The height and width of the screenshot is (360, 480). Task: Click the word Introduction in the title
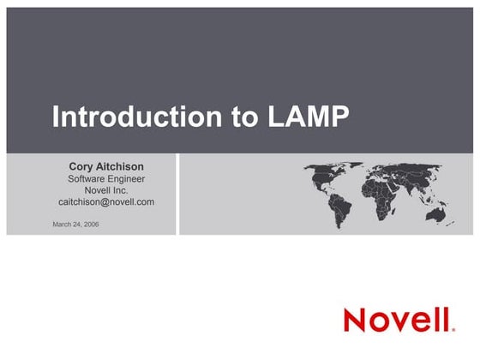coord(137,117)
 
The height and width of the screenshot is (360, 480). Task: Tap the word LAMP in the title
coord(309,117)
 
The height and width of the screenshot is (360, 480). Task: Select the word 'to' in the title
coord(244,117)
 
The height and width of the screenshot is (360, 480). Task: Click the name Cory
coord(81,167)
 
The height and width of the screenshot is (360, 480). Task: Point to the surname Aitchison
coord(120,166)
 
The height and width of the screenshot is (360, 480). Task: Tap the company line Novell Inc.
coord(106,190)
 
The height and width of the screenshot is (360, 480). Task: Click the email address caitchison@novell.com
coord(106,202)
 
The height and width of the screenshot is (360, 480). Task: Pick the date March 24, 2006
coord(75,224)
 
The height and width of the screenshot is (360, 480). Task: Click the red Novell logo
coord(399,320)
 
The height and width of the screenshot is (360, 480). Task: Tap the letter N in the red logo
coord(355,321)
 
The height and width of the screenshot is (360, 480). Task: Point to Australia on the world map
coord(435,214)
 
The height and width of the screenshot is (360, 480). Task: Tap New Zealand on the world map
coord(450,224)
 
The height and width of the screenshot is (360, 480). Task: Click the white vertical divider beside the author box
coord(177,194)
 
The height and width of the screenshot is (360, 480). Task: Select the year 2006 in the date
coord(91,224)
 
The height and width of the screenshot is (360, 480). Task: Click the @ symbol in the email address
coord(105,202)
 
